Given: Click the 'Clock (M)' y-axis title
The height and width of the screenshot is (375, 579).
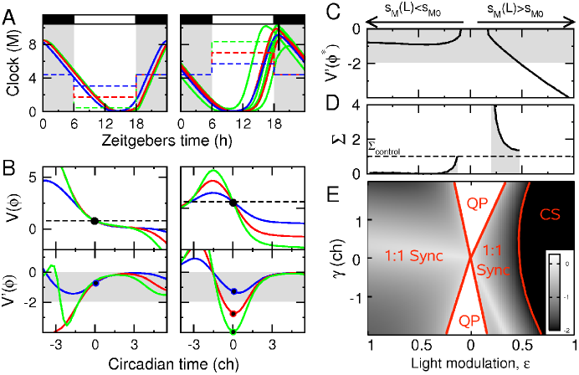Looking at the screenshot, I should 10,64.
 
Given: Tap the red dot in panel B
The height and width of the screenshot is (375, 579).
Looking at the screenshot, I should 233,313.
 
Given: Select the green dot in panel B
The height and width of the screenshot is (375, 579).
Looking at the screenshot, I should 233,332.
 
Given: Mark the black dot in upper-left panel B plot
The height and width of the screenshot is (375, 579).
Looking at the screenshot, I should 95,221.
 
